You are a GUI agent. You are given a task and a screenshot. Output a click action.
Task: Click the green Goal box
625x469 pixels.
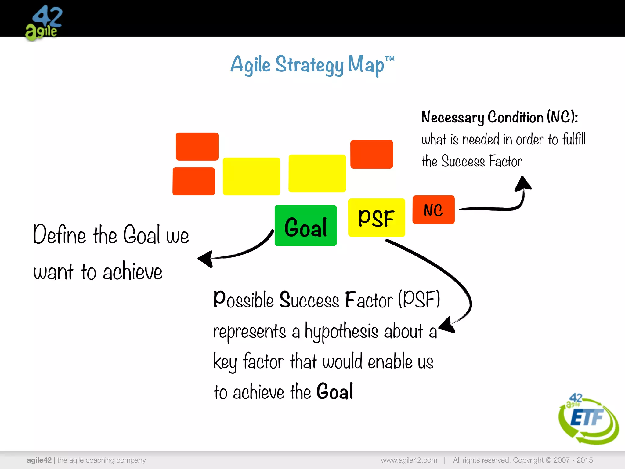coord(305,226)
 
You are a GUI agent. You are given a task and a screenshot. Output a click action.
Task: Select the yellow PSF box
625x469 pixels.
coord(376,218)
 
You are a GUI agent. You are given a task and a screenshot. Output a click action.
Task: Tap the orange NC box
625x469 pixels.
coord(433,210)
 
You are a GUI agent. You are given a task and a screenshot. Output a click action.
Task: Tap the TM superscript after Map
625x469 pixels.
coord(390,59)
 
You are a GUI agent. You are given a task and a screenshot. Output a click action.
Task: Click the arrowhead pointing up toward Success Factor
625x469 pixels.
coord(523,184)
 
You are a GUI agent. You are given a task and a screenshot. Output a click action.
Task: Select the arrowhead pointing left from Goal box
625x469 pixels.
coord(206,259)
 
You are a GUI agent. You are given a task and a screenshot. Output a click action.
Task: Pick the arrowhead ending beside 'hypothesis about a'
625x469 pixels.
coord(447,325)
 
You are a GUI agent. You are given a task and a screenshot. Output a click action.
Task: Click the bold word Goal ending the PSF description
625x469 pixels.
coord(335,391)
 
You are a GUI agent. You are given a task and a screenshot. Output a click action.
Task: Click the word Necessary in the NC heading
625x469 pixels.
coord(452,117)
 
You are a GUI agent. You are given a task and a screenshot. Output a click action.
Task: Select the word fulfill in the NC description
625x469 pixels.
coord(574,139)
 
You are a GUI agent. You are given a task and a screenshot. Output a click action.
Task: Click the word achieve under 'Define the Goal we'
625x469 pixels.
coord(132,271)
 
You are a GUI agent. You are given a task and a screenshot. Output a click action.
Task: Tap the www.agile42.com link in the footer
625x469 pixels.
coord(409,460)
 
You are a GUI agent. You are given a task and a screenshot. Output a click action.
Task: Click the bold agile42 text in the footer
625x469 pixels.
coord(39,460)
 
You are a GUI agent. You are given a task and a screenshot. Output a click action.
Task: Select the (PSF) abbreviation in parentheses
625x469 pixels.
coord(419,300)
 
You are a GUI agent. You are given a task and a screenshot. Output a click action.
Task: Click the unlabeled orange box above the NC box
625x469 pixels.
coord(371,154)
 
